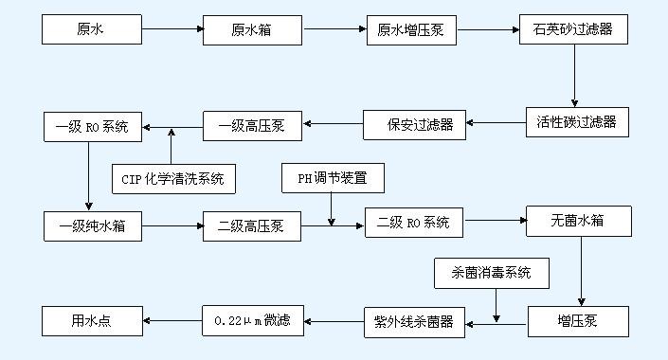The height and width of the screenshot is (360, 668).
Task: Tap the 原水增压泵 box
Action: [410, 30]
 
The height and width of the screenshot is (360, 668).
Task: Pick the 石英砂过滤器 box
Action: [573, 29]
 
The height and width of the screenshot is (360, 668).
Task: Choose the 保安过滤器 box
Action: [414, 124]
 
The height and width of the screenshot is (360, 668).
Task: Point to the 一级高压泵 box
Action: [251, 124]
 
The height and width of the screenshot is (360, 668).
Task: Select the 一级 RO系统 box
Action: [91, 125]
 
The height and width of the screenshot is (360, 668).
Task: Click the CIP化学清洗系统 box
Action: [173, 178]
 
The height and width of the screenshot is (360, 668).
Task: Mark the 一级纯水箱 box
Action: [91, 226]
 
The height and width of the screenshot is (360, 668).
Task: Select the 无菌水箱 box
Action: [577, 222]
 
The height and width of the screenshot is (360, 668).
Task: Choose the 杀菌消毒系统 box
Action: [492, 274]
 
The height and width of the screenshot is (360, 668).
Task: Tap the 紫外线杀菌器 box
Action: [414, 321]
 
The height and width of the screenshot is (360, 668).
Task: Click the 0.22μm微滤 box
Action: [253, 321]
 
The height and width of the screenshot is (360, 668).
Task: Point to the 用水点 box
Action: [91, 320]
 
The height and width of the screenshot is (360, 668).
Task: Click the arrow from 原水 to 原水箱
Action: [171, 30]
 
